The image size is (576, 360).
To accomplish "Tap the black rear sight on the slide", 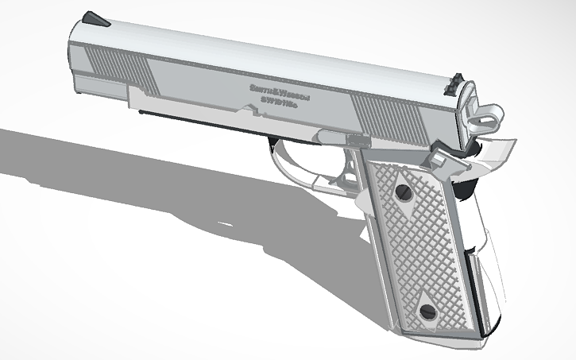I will (x=455, y=80).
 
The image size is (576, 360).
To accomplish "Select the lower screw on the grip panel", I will (x=427, y=311).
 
